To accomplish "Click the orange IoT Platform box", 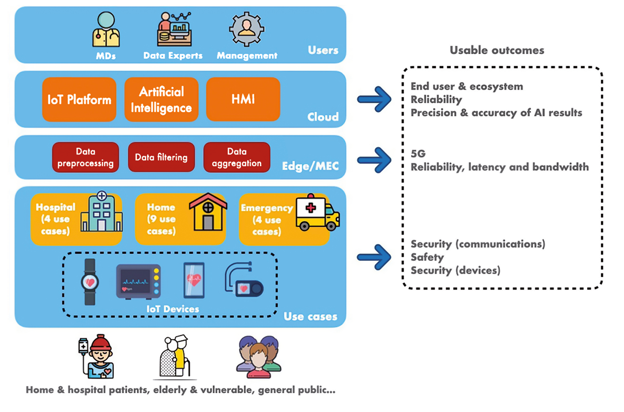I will click(x=79, y=99).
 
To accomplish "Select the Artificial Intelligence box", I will click(x=161, y=99).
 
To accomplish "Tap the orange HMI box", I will click(x=243, y=99).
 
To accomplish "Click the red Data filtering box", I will click(x=161, y=157).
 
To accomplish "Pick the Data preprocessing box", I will click(x=86, y=157).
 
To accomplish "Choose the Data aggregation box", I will click(x=236, y=157).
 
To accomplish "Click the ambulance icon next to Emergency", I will click(x=317, y=214).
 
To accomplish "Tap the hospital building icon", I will click(x=101, y=212).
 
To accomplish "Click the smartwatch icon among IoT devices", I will click(x=90, y=282).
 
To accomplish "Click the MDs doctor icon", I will click(x=106, y=30).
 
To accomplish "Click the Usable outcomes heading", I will click(x=496, y=50).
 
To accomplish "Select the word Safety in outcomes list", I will click(x=427, y=257).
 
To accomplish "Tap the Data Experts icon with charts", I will click(x=174, y=30).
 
